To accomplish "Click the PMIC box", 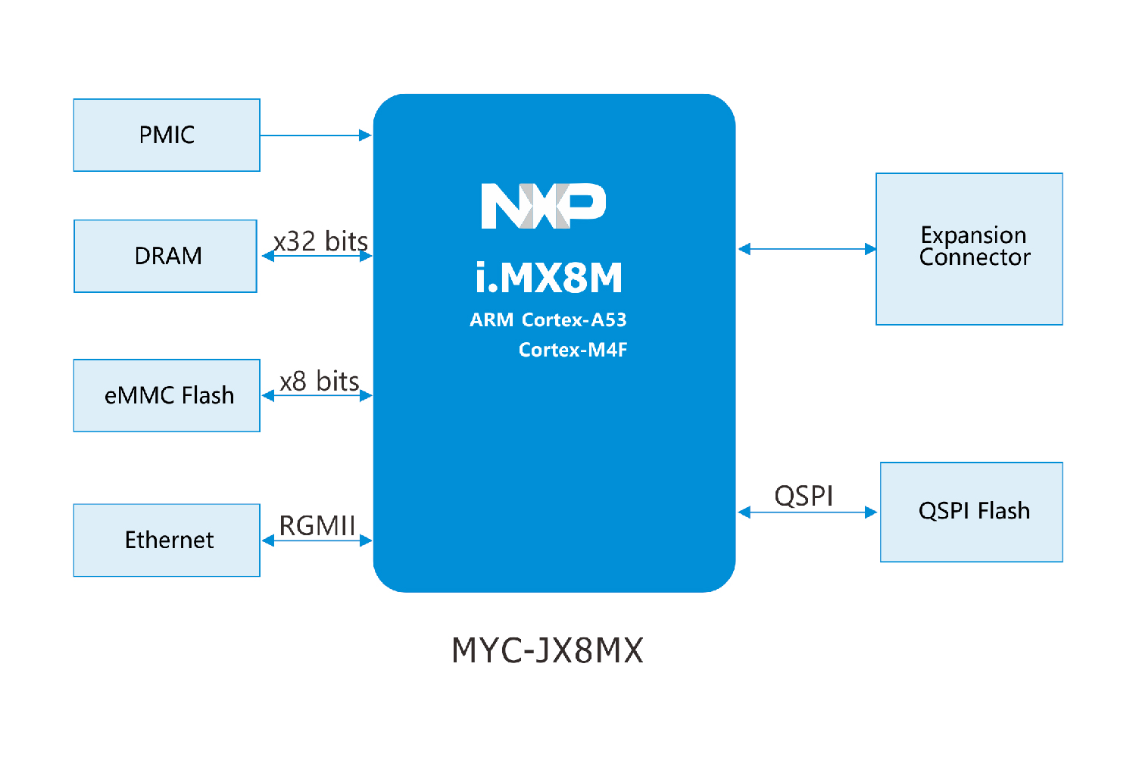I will point(167,136).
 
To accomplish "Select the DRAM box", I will point(166,256).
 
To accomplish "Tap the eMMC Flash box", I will point(167,395).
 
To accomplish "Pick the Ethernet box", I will point(167,540).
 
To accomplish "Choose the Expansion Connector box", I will point(969,249).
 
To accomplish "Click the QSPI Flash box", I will point(972,512).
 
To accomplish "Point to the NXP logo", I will point(544,206).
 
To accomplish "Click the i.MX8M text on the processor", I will point(549,278).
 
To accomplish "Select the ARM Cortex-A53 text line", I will point(548,320).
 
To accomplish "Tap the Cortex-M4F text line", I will point(573,350).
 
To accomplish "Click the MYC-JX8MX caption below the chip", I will point(547,650).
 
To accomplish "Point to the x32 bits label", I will point(320,241).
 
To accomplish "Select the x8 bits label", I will point(319,381).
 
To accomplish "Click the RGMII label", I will point(317,525).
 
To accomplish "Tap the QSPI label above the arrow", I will point(804,497).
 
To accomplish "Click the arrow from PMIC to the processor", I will point(316,136).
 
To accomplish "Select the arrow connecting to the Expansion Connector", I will point(807,249).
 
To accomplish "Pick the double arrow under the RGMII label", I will point(317,540).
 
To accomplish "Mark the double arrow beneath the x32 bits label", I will point(317,257).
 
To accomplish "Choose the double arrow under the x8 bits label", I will point(317,396).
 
